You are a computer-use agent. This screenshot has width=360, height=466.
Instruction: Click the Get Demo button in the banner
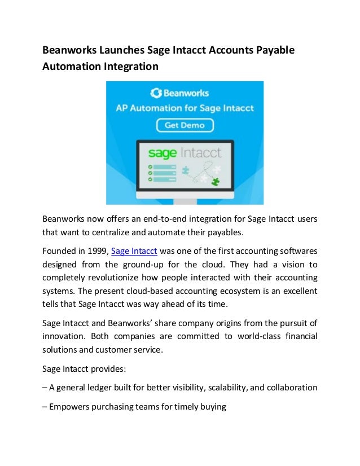pos(185,125)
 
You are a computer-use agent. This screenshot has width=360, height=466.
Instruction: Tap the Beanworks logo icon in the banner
pos(156,93)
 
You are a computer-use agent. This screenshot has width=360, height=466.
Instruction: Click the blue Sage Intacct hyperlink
pos(134,251)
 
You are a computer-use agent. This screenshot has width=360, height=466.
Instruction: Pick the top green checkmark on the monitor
pos(150,167)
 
